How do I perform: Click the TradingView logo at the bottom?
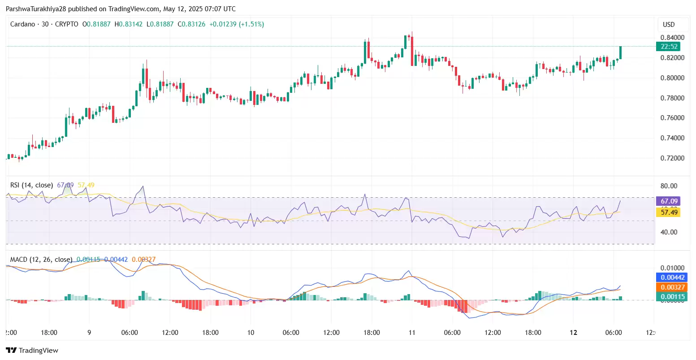pos(32,350)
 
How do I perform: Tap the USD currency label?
pos(669,25)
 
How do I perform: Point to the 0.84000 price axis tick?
pos(672,38)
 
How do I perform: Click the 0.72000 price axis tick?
pos(672,158)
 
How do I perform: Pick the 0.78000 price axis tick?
pos(672,98)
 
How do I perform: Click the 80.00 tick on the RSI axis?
pos(669,186)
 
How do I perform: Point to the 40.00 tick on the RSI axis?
pos(669,232)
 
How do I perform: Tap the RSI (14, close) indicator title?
pos(31,185)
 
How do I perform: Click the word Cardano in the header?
pos(22,24)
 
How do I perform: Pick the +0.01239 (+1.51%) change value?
pos(237,24)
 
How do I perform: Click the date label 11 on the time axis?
pos(412,333)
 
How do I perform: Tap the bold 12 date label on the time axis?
pos(573,333)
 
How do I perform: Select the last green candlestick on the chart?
pos(620,52)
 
